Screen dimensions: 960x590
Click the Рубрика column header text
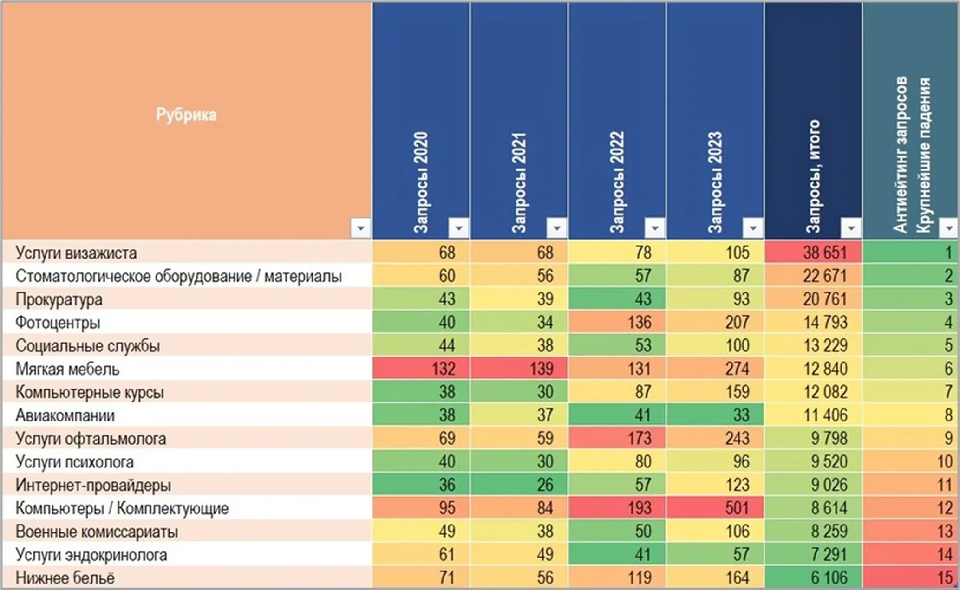186,114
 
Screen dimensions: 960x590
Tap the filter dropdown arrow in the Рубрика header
360,228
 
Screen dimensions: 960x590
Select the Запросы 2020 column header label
421,182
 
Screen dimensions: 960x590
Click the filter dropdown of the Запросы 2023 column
753,228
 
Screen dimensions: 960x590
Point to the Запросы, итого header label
813,176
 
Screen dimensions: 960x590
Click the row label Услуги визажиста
76,253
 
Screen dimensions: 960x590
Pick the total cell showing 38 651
825,253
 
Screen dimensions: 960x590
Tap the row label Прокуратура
59,299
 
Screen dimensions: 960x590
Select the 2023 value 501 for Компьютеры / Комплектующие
738,508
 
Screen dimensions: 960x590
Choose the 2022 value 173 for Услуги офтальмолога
639,438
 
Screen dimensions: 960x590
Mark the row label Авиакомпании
65,415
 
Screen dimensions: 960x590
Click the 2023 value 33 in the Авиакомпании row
741,415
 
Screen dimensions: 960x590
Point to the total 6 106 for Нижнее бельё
829,577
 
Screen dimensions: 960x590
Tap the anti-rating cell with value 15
945,577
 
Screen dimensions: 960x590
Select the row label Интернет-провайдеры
93,485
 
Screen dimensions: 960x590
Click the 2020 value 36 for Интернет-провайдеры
447,485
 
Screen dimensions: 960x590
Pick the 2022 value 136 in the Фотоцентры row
639,322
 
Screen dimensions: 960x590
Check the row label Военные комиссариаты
97,532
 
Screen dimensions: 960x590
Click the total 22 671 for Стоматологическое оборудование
825,276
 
